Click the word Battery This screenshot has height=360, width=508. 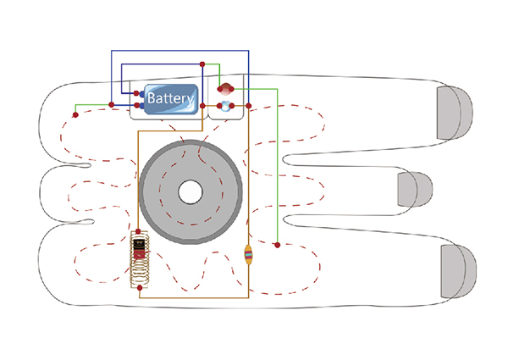point(171,98)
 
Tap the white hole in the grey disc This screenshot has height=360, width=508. point(190,191)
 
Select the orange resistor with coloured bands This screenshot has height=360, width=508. point(248,253)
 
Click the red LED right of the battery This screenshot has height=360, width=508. point(224,87)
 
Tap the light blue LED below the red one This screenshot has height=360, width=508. point(224,106)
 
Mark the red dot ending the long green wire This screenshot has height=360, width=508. point(278,246)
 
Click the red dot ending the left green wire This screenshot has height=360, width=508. point(75,114)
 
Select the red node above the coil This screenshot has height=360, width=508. point(138,230)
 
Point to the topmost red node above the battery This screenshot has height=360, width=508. point(202,64)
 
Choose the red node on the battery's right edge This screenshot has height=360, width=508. point(202,106)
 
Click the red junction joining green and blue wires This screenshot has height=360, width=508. point(112,105)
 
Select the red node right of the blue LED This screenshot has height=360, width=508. point(248,106)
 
